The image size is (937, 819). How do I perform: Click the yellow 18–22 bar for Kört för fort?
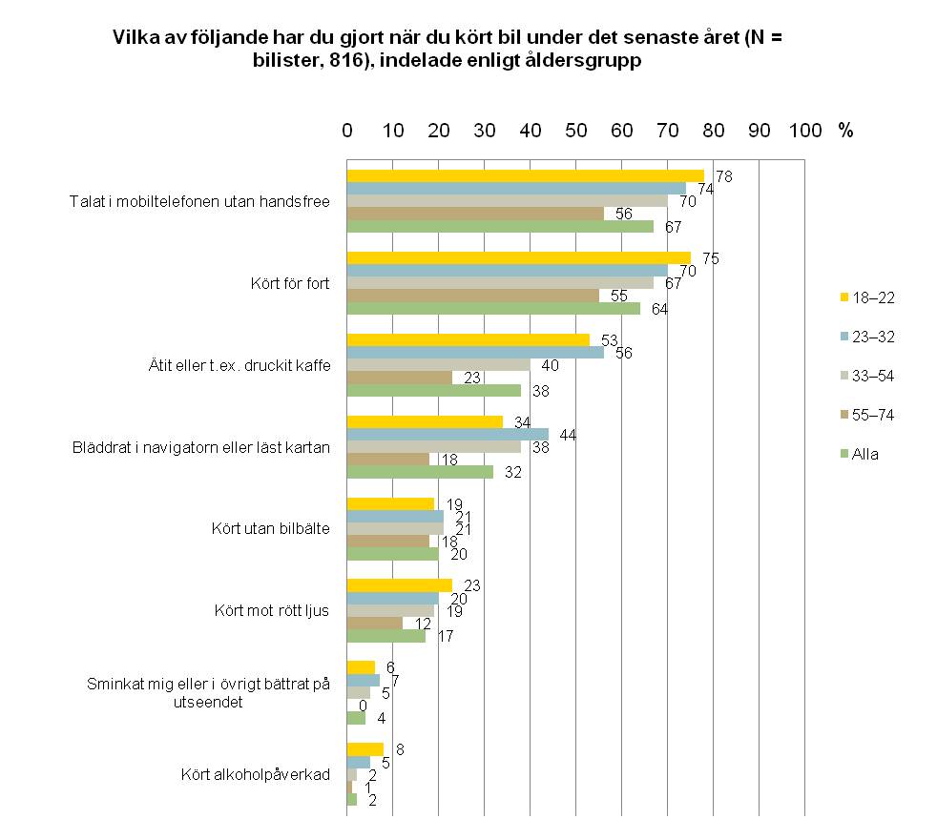pos(518,258)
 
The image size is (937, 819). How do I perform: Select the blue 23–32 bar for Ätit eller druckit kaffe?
pos(475,352)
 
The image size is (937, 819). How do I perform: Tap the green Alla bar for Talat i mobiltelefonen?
pos(500,226)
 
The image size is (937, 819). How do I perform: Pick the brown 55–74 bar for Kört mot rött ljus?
pos(375,623)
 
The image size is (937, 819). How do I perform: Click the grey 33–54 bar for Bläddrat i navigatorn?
pos(434,446)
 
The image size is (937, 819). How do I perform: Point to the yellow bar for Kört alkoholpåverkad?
pos(365,749)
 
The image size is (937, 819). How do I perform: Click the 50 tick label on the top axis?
pos(575,131)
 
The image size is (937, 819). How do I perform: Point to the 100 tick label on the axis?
pos(805,131)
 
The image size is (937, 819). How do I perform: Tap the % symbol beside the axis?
pos(845,131)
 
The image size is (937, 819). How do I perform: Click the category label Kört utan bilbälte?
pos(270,528)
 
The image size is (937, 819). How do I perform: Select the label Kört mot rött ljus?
pos(271,610)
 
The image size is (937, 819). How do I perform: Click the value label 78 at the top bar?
pos(723,176)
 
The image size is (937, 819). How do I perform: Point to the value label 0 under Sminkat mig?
pos(364,705)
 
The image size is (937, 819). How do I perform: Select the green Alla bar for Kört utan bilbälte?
pos(393,553)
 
